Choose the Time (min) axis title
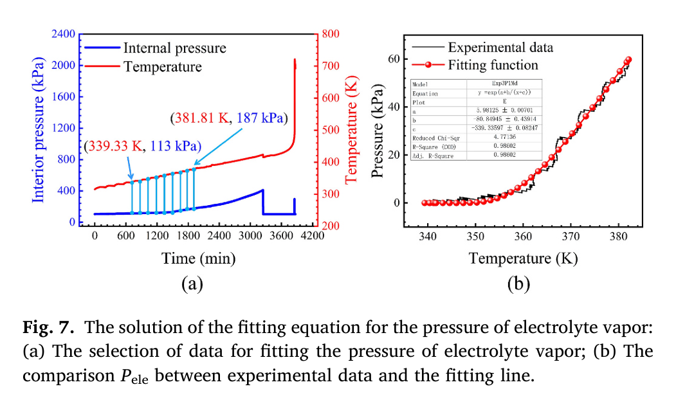(199, 258)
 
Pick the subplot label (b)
(518, 284)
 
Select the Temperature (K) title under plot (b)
(523, 258)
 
